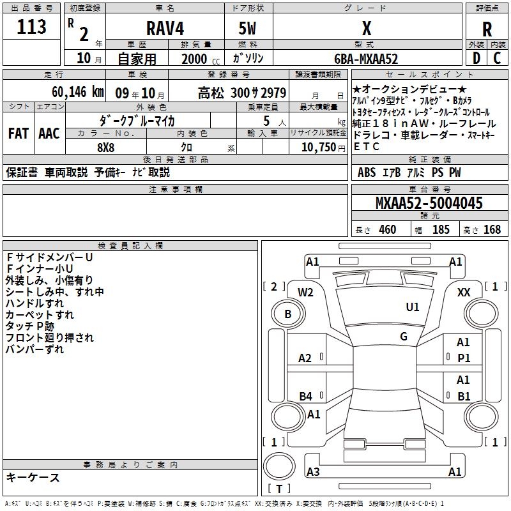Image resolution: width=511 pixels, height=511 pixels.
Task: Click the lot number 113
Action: tap(33, 27)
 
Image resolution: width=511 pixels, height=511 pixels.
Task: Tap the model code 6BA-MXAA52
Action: tap(366, 59)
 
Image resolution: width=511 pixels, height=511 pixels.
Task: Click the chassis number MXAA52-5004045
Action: tap(429, 204)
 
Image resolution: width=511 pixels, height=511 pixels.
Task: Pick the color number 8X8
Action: tap(106, 146)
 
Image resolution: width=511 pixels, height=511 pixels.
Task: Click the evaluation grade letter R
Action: tap(487, 29)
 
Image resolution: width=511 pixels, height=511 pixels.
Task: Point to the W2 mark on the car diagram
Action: tap(306, 293)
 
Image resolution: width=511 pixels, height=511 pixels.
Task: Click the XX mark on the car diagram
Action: tap(464, 293)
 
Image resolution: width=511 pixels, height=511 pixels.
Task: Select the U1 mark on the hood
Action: tap(413, 307)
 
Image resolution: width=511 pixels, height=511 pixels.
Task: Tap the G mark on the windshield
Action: tap(404, 337)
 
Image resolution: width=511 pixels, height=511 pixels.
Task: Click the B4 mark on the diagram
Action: tap(306, 397)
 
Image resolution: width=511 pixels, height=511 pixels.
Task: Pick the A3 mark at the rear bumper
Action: tap(313, 472)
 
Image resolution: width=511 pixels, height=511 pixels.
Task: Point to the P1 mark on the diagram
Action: tap(464, 358)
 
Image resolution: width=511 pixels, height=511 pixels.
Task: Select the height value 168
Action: tap(492, 230)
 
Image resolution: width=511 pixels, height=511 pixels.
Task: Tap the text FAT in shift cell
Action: tap(19, 133)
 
